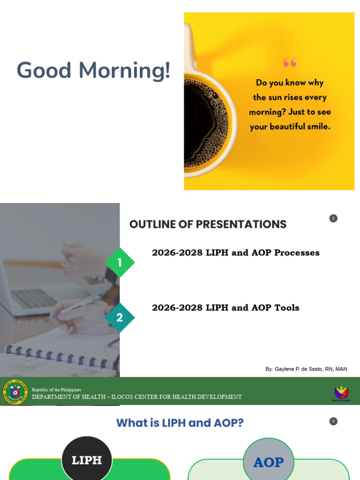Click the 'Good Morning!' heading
pos(93,70)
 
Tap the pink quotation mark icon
pos(290,62)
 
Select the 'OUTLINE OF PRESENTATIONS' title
pos(208,225)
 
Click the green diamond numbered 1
pos(120,262)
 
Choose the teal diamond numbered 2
pos(120,318)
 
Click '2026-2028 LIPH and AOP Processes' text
pos(235,253)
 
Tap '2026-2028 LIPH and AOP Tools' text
pos(225,308)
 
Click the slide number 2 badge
pos(333,218)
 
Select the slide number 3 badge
pos(333,421)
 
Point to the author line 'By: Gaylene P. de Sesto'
pos(306,369)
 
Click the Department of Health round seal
pos(15,392)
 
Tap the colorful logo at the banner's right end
pos(341,392)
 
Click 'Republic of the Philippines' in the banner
pos(56,390)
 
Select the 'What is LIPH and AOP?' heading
pos(180,423)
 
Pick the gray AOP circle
pos(269,462)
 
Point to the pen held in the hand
pos(75,307)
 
